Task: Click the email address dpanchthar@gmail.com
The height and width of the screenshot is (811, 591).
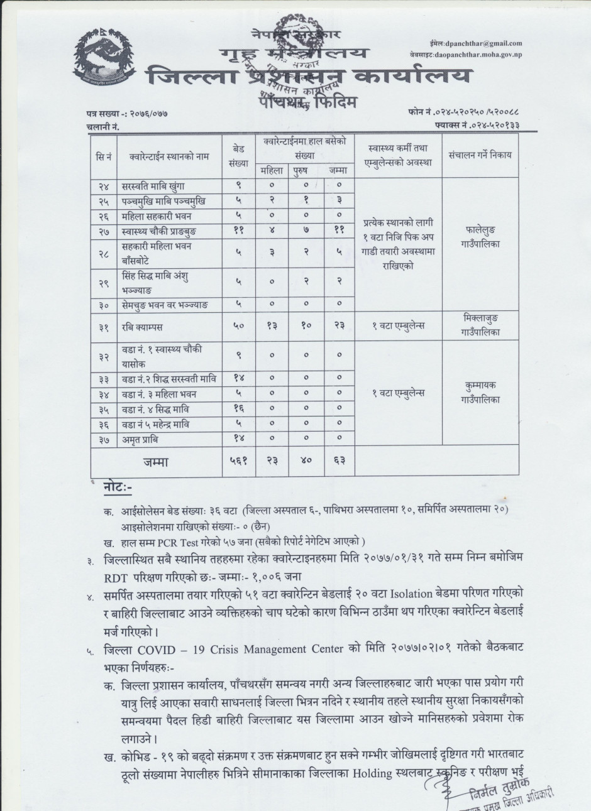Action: pos(483,43)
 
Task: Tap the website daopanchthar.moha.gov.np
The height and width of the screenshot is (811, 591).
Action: pos(482,55)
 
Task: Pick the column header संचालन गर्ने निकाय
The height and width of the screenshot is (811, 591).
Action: pos(480,155)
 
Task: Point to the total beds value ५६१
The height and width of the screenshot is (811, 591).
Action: pos(238,462)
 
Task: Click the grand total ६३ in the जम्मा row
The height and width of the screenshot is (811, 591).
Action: pos(339,462)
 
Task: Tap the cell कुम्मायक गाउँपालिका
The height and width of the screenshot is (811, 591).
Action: pos(480,392)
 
